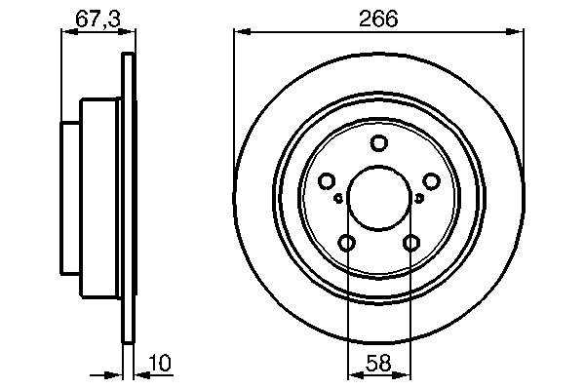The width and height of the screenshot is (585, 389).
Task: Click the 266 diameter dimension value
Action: pyautogui.click(x=378, y=19)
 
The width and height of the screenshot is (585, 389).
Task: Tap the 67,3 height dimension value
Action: pyautogui.click(x=98, y=19)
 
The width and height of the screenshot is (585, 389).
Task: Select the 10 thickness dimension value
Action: pyautogui.click(x=160, y=363)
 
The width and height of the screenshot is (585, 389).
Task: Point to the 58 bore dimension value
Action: pyautogui.click(x=378, y=363)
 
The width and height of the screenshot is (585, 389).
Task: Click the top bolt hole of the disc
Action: pyautogui.click(x=378, y=143)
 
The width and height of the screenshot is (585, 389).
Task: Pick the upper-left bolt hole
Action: pyautogui.click(x=327, y=181)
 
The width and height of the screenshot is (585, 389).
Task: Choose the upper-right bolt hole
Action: pyautogui.click(x=431, y=181)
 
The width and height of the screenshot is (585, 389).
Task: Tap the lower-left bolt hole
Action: pyautogui.click(x=346, y=243)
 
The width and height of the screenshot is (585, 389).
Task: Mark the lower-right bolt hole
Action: pyautogui.click(x=410, y=243)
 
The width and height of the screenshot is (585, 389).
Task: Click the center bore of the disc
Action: pyautogui.click(x=378, y=198)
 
